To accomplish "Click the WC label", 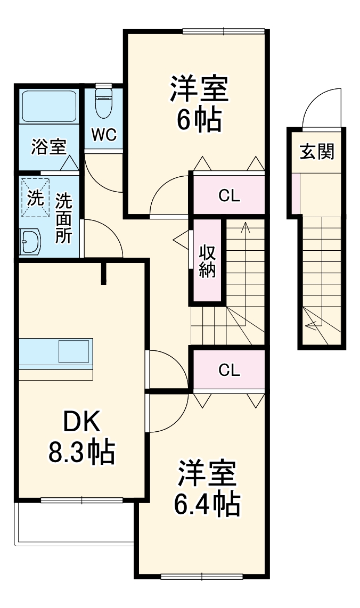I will pyautogui.click(x=103, y=135).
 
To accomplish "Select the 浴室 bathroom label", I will pyautogui.click(x=48, y=146).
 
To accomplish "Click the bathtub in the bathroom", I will pyautogui.click(x=48, y=106).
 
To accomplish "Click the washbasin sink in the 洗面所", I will pyautogui.click(x=30, y=243).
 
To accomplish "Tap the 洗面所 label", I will pyautogui.click(x=63, y=218).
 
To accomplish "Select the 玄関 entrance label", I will pyautogui.click(x=317, y=152).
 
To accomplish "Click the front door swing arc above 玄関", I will pyautogui.click(x=320, y=106).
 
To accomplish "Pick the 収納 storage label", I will pyautogui.click(x=207, y=261).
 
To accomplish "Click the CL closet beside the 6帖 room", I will pyautogui.click(x=229, y=195).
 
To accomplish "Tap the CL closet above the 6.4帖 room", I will pyautogui.click(x=229, y=369).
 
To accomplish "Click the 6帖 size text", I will pyautogui.click(x=199, y=120).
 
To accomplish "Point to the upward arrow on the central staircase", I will pyautogui.click(x=246, y=229).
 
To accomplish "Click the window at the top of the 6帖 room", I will pyautogui.click(x=223, y=31).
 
